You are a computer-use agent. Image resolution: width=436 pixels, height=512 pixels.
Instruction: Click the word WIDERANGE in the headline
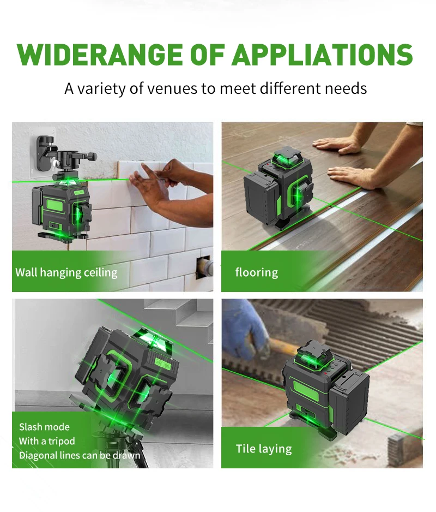pyautogui.click(x=99, y=55)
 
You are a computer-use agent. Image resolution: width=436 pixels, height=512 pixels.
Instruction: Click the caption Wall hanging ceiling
pyautogui.click(x=66, y=272)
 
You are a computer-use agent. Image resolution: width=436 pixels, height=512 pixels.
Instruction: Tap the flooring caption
pyautogui.click(x=257, y=272)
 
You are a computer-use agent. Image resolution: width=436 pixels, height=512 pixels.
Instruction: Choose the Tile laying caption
pyautogui.click(x=263, y=449)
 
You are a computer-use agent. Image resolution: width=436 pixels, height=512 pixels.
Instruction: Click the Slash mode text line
pyautogui.click(x=44, y=427)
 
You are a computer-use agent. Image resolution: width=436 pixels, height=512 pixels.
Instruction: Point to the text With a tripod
pyautogui.click(x=47, y=441)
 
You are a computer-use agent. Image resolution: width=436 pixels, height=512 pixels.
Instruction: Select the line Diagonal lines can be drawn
pyautogui.click(x=80, y=456)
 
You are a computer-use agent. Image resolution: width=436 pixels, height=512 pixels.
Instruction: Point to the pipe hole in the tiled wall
pyautogui.click(x=204, y=267)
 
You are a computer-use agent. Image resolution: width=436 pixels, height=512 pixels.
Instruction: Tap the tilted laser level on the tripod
pyautogui.click(x=127, y=376)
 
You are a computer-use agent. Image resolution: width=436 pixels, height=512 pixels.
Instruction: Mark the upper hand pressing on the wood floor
pyautogui.click(x=340, y=144)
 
